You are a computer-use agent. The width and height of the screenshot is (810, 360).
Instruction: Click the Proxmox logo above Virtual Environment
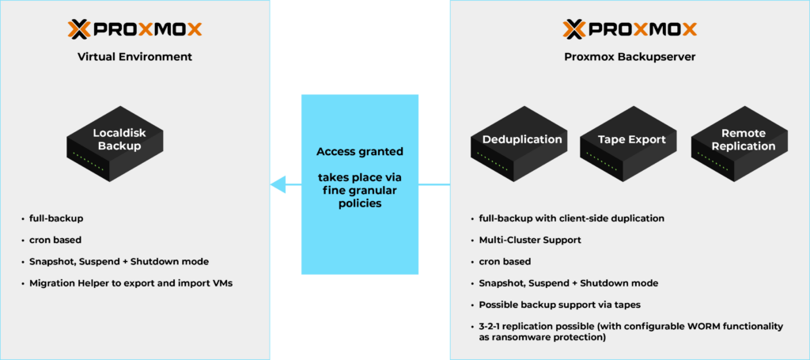(x=134, y=30)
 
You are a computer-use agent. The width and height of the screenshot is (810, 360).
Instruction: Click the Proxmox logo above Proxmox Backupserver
(x=630, y=30)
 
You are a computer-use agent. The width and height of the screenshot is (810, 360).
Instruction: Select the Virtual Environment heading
(x=134, y=57)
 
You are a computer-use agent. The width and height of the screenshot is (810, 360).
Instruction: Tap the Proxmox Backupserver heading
(x=630, y=57)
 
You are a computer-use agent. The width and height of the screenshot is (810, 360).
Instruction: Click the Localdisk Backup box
(x=117, y=142)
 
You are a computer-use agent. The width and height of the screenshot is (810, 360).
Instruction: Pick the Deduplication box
(x=522, y=142)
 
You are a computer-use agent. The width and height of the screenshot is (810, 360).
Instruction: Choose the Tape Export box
(x=631, y=142)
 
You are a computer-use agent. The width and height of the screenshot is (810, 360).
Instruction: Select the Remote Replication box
(x=742, y=142)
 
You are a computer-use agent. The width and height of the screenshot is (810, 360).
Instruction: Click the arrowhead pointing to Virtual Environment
(x=277, y=185)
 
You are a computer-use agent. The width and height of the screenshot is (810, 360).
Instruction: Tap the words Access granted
(x=360, y=151)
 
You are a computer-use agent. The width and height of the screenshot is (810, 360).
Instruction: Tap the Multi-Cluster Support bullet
(x=530, y=240)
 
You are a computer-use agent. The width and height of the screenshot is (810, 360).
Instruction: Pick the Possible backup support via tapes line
(x=558, y=305)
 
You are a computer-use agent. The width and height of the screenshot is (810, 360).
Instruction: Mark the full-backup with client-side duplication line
(x=571, y=218)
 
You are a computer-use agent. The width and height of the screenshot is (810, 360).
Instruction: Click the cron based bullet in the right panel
(x=505, y=261)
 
